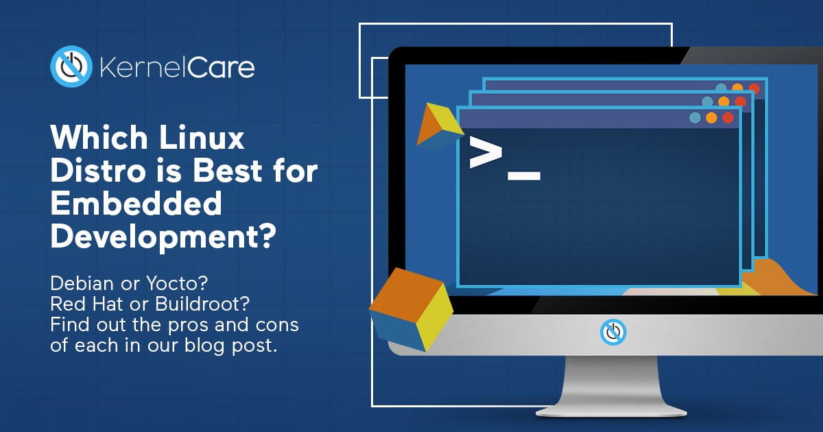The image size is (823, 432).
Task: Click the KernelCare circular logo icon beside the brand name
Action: click(x=71, y=67)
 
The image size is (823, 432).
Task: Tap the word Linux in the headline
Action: click(x=202, y=137)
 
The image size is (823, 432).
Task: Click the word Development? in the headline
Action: click(x=163, y=237)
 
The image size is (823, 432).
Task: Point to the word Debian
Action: click(x=82, y=283)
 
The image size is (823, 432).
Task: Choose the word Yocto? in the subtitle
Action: click(x=177, y=283)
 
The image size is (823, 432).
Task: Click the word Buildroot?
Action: click(x=202, y=304)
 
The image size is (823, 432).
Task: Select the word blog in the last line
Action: click(x=204, y=346)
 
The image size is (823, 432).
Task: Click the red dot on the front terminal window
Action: click(x=728, y=118)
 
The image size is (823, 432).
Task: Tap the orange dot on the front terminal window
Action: click(x=711, y=118)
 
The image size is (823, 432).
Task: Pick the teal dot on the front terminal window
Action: click(x=695, y=118)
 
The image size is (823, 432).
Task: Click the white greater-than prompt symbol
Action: click(x=486, y=152)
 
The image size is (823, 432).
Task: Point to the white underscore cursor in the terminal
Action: click(x=524, y=176)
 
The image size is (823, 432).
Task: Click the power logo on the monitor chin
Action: click(x=613, y=332)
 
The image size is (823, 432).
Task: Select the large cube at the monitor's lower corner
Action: click(x=411, y=309)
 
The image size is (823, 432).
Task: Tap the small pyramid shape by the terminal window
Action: click(x=440, y=126)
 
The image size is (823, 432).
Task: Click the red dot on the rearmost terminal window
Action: click(x=754, y=88)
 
